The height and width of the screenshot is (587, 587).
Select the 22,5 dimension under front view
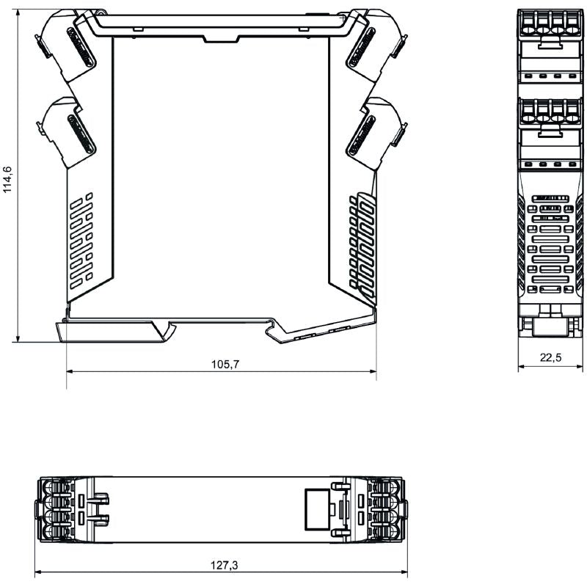click(x=551, y=357)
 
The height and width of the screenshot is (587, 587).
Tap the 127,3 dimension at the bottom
click(x=224, y=566)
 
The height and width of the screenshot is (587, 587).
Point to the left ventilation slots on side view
click(x=81, y=238)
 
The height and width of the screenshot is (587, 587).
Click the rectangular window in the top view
click(x=316, y=508)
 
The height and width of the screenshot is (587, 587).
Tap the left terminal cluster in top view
click(x=55, y=509)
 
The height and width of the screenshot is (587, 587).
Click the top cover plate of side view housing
click(x=220, y=26)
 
